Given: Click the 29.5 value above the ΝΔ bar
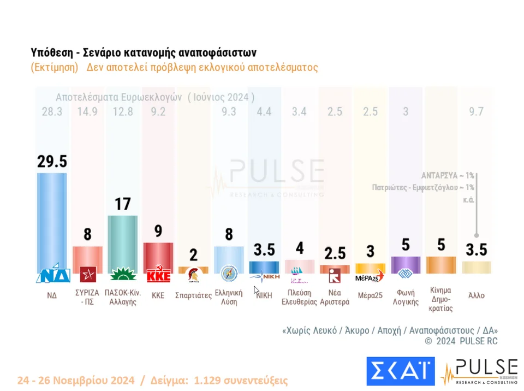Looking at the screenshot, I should coord(52,162).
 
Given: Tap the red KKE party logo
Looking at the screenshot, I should coord(158,274).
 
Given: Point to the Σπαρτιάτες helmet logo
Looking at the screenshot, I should coord(193,274).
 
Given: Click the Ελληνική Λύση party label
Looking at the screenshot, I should coord(229,298).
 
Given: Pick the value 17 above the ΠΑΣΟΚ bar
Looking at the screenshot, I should coord(123,205).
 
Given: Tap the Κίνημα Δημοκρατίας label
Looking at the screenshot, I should coord(441,299).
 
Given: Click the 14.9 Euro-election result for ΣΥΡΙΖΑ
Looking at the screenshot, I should coord(87,112).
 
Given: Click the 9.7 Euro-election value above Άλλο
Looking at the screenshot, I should coord(476,112).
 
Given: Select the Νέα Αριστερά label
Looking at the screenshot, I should coord(335,298).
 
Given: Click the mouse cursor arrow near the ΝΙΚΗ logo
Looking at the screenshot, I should coord(257,290).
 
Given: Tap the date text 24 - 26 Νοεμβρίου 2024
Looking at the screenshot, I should coord(76,380).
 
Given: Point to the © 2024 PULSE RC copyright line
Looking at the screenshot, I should coord(461,341).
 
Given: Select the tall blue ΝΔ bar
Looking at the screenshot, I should coord(52,218).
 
